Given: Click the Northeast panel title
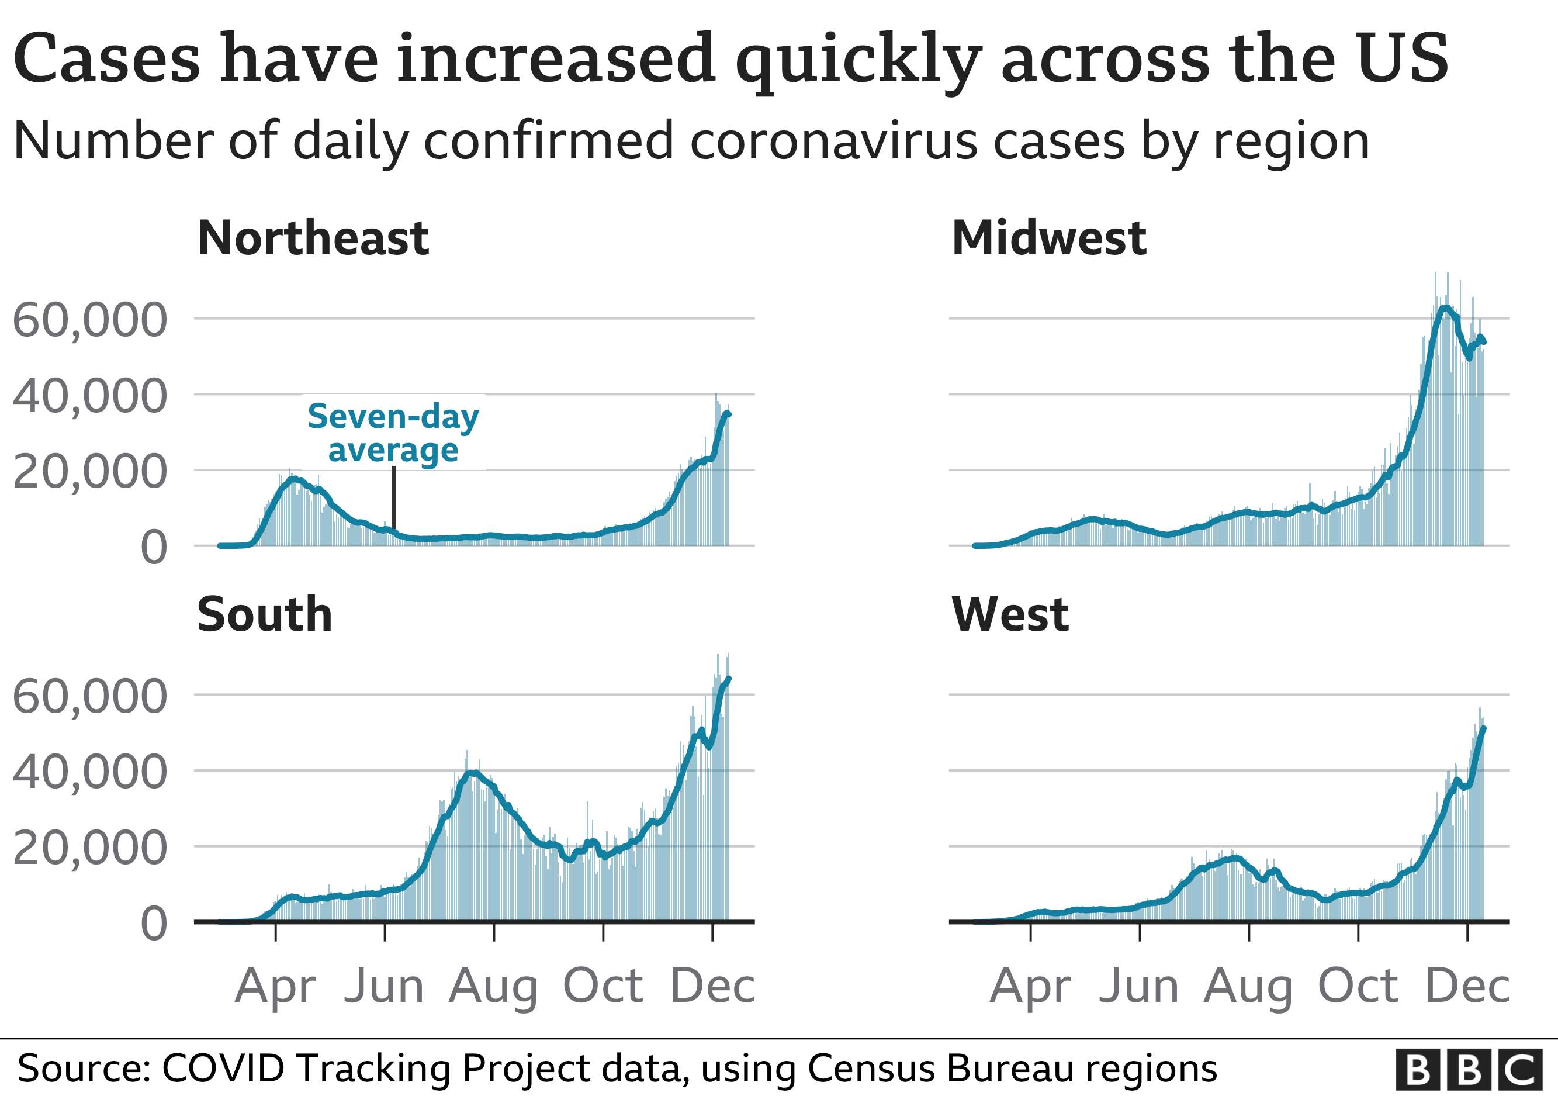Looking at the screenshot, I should coord(313,239).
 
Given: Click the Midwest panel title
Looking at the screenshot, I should coord(1048,239).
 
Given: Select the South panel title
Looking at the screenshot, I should coord(265,615).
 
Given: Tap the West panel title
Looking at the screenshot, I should coord(1010,615).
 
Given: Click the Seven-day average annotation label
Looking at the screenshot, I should coord(393,433).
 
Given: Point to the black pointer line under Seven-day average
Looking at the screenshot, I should coord(393,499).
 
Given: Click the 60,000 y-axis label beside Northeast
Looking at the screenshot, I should coord(89,320).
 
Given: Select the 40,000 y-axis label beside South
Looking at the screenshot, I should coord(89,772).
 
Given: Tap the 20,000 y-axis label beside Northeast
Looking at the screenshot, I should coord(89,472).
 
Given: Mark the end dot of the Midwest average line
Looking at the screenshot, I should coord(1484,341).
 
